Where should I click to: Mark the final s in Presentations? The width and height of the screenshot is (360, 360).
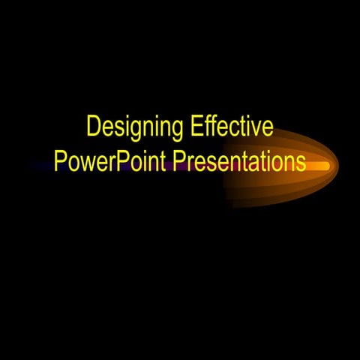[x=301, y=163]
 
